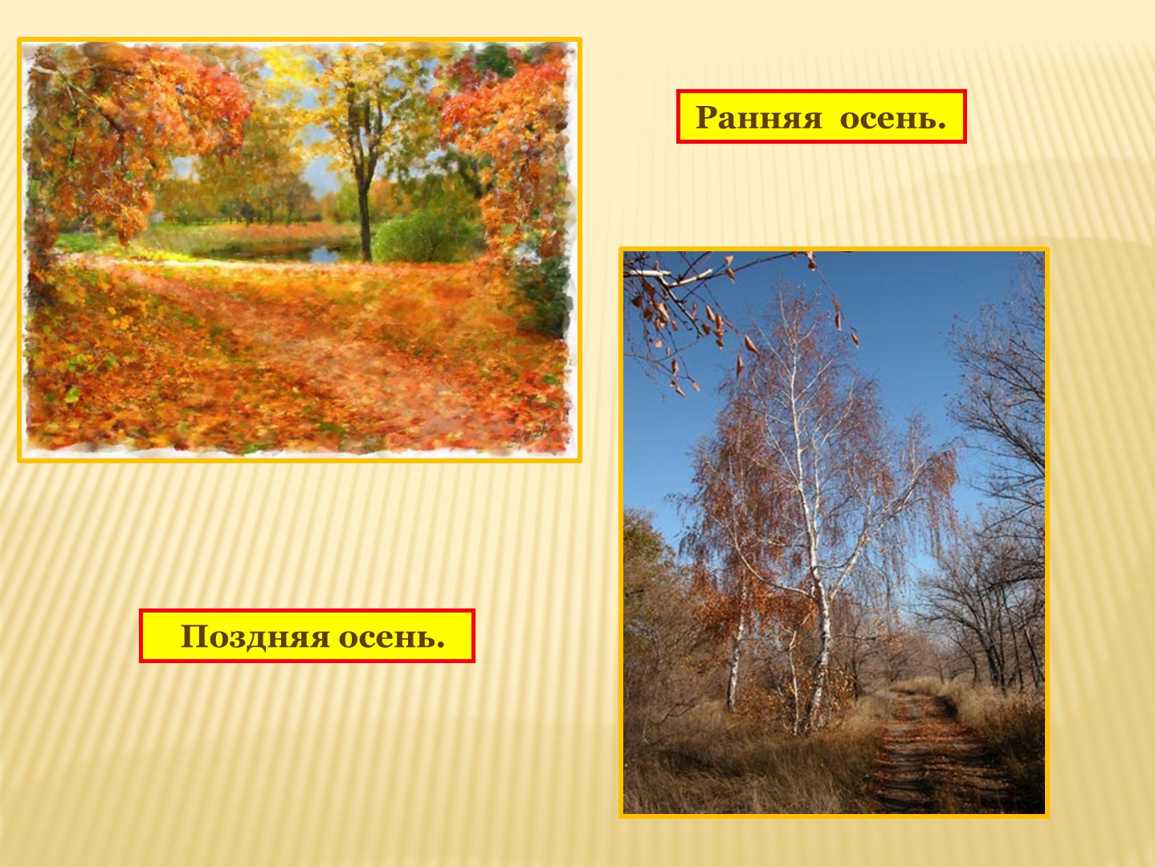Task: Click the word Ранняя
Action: click(758, 117)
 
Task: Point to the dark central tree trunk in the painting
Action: click(364, 210)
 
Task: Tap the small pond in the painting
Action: click(295, 254)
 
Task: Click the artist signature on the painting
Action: click(532, 434)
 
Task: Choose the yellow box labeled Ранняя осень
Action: click(821, 116)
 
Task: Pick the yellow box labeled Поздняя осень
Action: click(307, 636)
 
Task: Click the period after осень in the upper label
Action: click(941, 127)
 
